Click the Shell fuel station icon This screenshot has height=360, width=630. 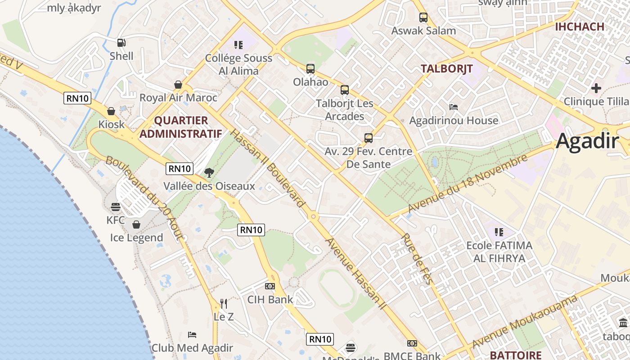click(x=121, y=43)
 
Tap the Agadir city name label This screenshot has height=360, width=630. click(x=587, y=141)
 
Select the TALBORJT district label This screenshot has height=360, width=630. click(x=446, y=68)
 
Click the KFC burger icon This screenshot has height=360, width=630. click(x=116, y=207)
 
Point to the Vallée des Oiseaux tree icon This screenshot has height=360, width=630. click(x=209, y=172)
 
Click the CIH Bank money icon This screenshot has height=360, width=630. click(x=270, y=286)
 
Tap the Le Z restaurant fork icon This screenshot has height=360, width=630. click(x=224, y=304)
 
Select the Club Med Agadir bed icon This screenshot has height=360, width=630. click(x=192, y=335)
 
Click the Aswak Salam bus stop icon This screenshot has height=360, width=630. click(x=423, y=18)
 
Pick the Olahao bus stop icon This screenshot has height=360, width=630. click(x=310, y=69)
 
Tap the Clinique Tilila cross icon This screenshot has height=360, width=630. click(x=596, y=88)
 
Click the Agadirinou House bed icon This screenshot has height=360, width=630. click(x=454, y=107)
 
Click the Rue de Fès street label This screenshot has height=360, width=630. click(x=416, y=259)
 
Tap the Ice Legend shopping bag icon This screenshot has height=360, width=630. click(x=136, y=225)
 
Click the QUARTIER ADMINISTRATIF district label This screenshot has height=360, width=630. click(x=181, y=127)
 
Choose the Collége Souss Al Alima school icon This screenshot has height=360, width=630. click(x=238, y=45)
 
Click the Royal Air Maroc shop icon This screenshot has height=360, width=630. click(x=178, y=85)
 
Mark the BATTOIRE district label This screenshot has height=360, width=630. click(x=515, y=355)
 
